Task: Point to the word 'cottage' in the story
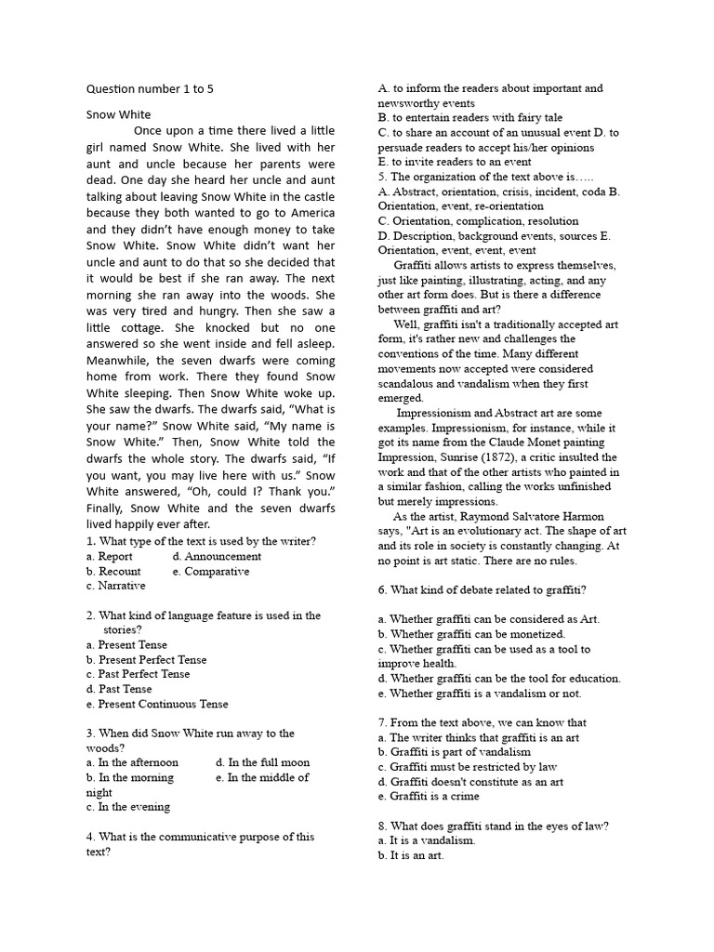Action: (139, 327)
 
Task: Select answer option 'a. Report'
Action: (109, 557)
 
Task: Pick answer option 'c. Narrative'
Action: (115, 587)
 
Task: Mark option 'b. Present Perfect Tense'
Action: (146, 660)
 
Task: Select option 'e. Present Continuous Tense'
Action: (156, 705)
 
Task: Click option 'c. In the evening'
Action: (127, 807)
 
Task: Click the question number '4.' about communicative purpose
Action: (90, 837)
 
